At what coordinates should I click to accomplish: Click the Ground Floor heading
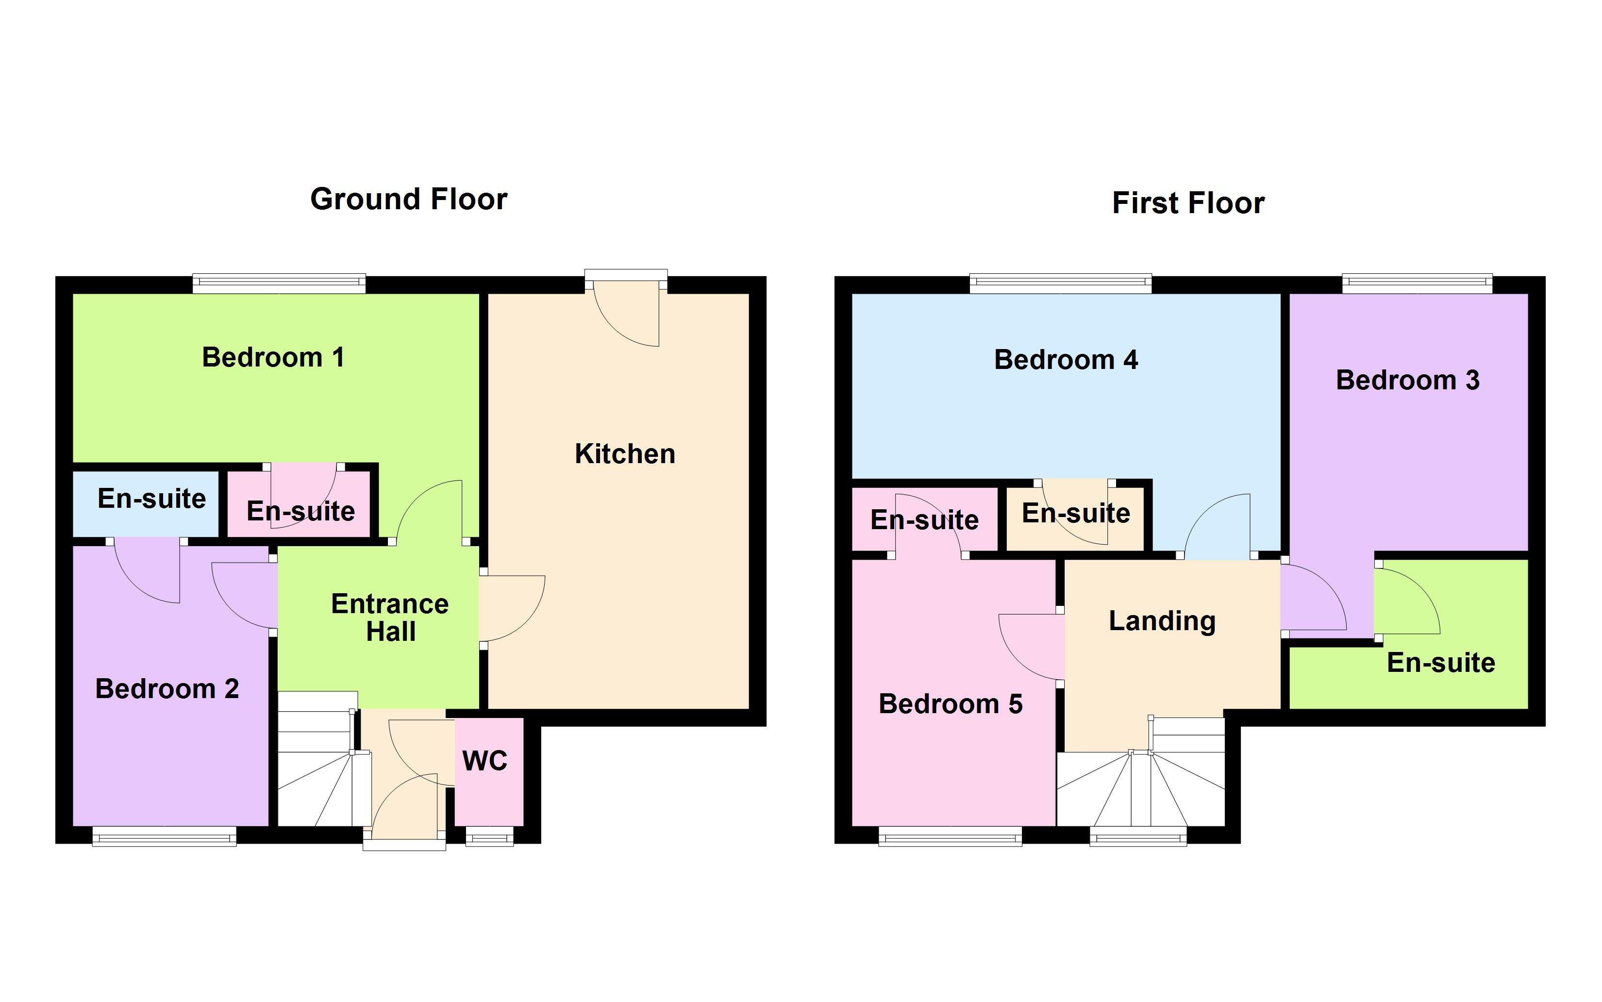(408, 199)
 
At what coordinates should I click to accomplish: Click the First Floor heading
(1188, 203)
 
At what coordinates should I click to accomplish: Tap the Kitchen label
(625, 454)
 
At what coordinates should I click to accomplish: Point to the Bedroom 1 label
(273, 357)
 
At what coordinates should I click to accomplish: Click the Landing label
(1162, 621)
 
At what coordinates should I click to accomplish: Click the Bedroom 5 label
(950, 704)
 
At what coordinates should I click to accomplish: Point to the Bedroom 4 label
(1066, 360)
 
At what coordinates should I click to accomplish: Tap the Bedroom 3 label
(1407, 381)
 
